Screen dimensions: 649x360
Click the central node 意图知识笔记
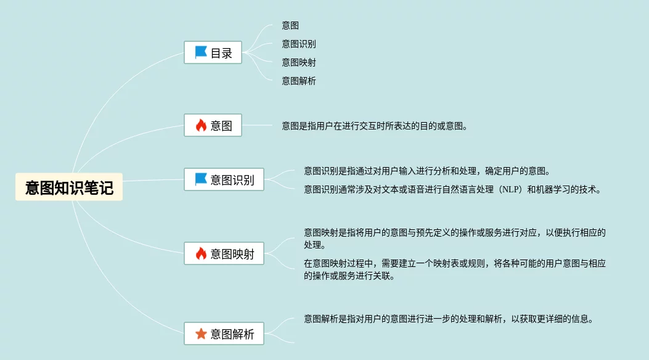coord(69,187)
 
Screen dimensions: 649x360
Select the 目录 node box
coord(213,53)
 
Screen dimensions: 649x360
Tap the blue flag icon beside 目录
coord(201,52)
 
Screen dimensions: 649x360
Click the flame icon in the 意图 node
coord(201,126)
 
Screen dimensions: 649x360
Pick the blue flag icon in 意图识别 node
coord(201,179)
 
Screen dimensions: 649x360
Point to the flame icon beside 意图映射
coord(201,253)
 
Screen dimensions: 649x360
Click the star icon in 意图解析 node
coord(201,334)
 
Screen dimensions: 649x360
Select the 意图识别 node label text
coord(232,180)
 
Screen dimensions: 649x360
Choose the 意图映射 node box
coord(224,253)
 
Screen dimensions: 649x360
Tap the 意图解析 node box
coord(224,334)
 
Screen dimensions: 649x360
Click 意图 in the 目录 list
coord(291,25)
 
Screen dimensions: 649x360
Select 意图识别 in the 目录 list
coord(299,44)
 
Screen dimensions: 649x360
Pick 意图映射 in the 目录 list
coord(299,62)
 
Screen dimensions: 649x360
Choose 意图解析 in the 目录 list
coord(299,81)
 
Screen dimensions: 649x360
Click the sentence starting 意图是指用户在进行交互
coord(375,126)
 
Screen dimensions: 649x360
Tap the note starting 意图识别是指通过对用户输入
coord(427,171)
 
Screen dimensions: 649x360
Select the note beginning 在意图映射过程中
coord(455,269)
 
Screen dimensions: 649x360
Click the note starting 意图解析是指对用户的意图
coord(448,319)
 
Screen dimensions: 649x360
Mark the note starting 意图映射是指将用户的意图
coord(455,239)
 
